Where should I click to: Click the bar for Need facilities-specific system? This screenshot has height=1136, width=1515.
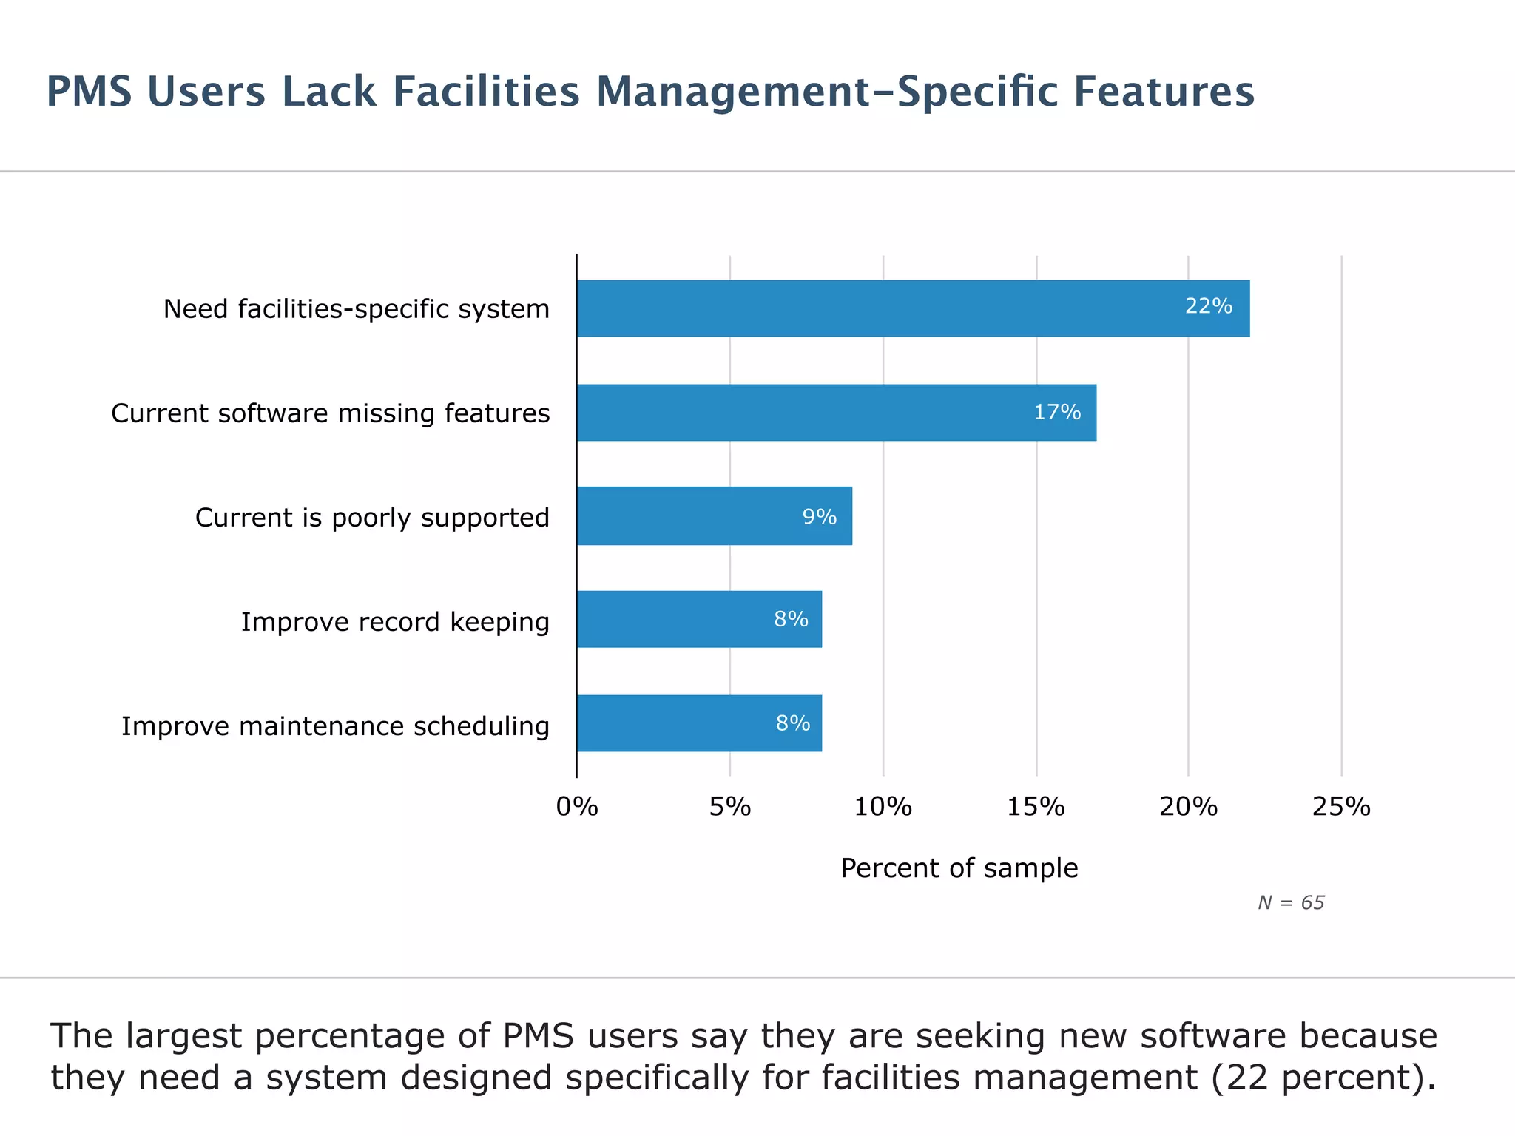(x=913, y=308)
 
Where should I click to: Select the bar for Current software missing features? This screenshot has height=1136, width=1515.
(x=836, y=413)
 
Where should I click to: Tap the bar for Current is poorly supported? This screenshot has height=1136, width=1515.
(x=714, y=516)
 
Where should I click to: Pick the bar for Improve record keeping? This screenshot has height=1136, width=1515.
(x=699, y=619)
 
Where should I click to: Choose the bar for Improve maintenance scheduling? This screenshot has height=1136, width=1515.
(x=699, y=723)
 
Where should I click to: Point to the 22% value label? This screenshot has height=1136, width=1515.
(x=1209, y=306)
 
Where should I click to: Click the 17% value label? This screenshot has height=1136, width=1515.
(x=1057, y=412)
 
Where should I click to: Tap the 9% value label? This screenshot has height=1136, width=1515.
(x=820, y=517)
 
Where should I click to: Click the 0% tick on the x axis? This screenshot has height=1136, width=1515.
(x=577, y=807)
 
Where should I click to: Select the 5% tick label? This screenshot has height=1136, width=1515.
(x=730, y=807)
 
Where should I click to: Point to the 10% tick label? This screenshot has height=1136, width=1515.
(x=883, y=807)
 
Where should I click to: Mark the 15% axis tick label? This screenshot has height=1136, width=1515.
(x=1036, y=807)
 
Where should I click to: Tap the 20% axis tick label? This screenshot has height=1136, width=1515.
(x=1189, y=807)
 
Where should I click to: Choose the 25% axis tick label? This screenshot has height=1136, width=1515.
(x=1341, y=807)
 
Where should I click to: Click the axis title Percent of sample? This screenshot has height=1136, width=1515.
(x=959, y=868)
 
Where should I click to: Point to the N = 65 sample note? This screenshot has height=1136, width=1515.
(x=1291, y=903)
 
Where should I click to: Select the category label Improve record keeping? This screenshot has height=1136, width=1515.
(x=395, y=622)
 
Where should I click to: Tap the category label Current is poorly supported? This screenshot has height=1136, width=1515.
(x=372, y=518)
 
